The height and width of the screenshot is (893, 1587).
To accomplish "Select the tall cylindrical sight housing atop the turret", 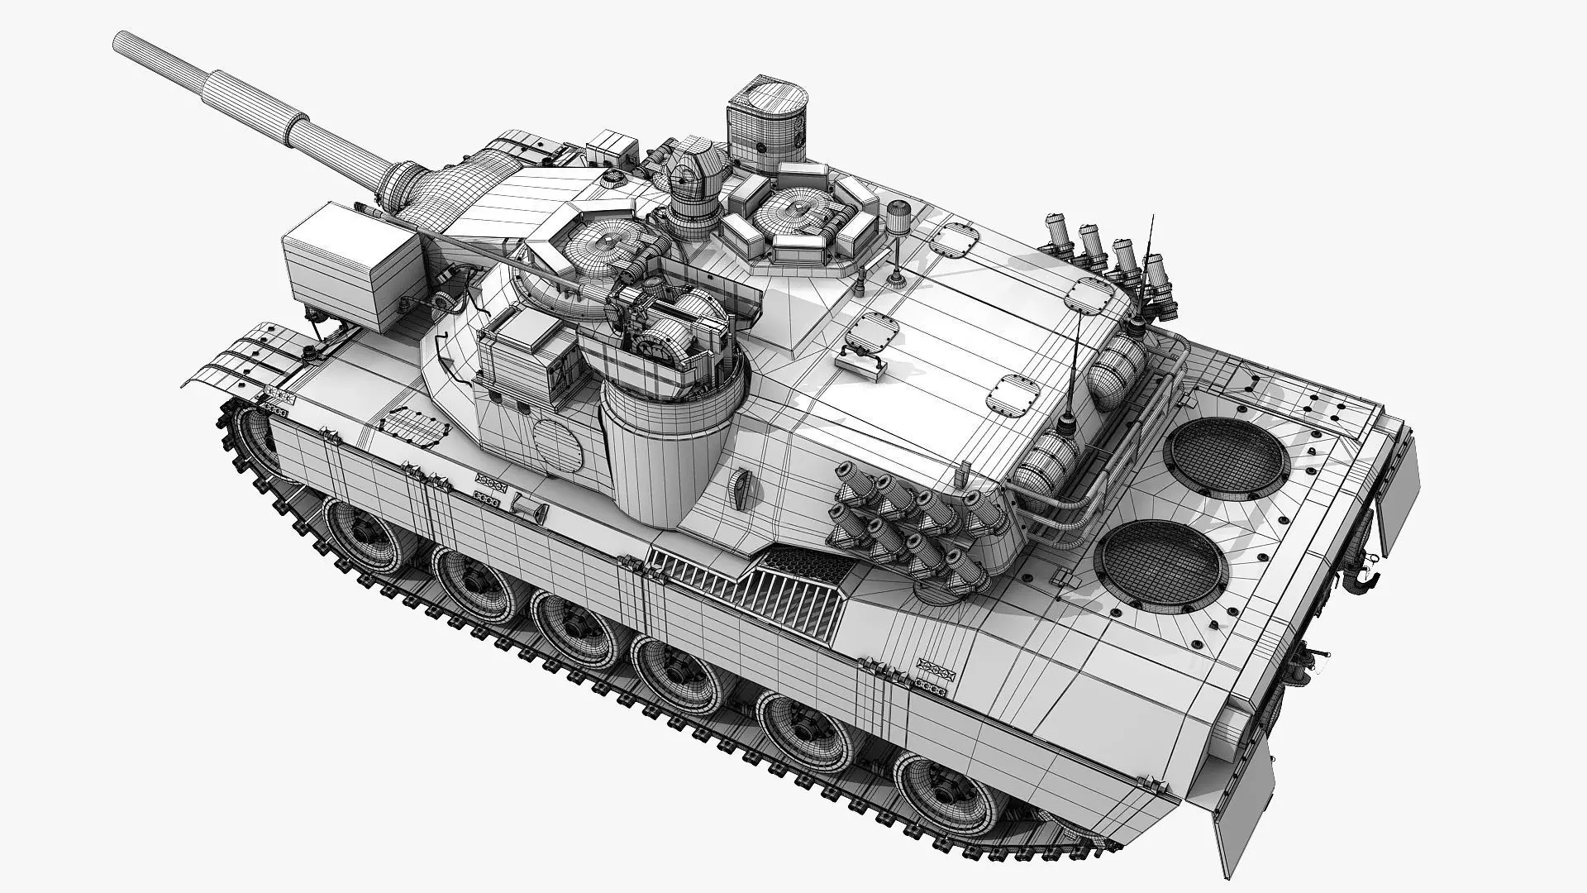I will [x=767, y=123].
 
